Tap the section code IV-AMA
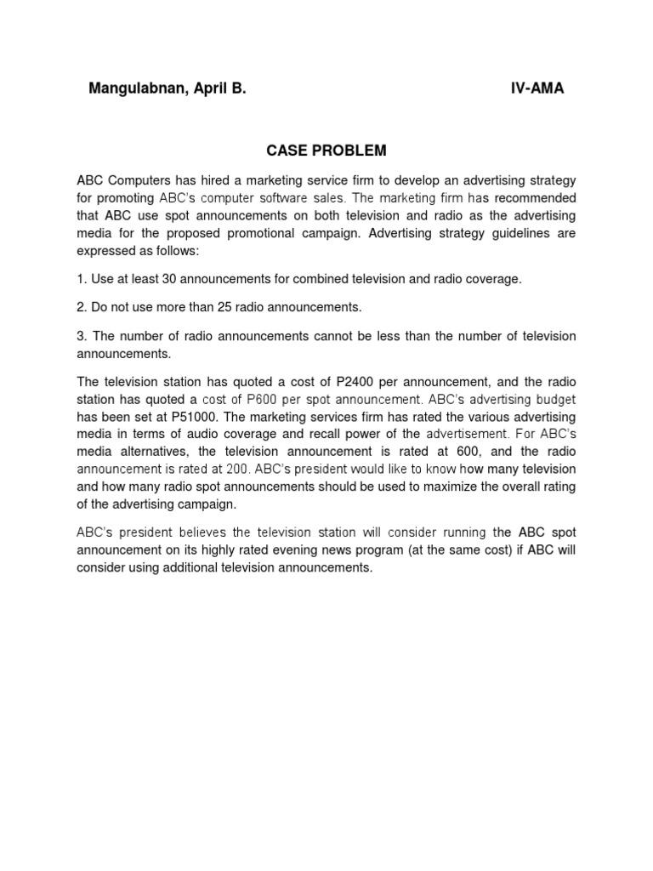click(x=537, y=89)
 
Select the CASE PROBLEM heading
click(x=326, y=151)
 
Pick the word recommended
click(x=534, y=198)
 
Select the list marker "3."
click(x=82, y=336)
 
